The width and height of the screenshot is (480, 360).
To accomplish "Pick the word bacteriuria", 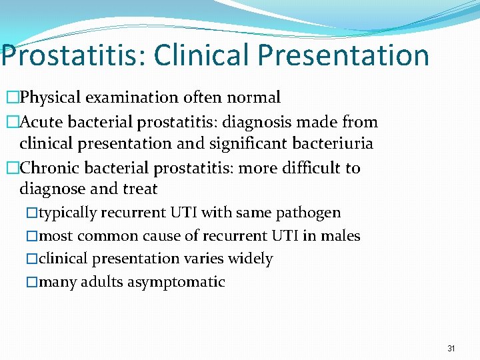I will click(x=328, y=143).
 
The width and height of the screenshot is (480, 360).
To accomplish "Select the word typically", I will click(x=69, y=213).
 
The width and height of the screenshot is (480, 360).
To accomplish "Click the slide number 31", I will click(x=451, y=348).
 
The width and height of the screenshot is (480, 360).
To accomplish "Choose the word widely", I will click(x=251, y=259).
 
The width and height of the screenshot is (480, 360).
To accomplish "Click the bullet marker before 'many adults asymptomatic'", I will click(x=33, y=282).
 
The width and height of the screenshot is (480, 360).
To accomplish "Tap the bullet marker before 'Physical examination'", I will click(x=13, y=98).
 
